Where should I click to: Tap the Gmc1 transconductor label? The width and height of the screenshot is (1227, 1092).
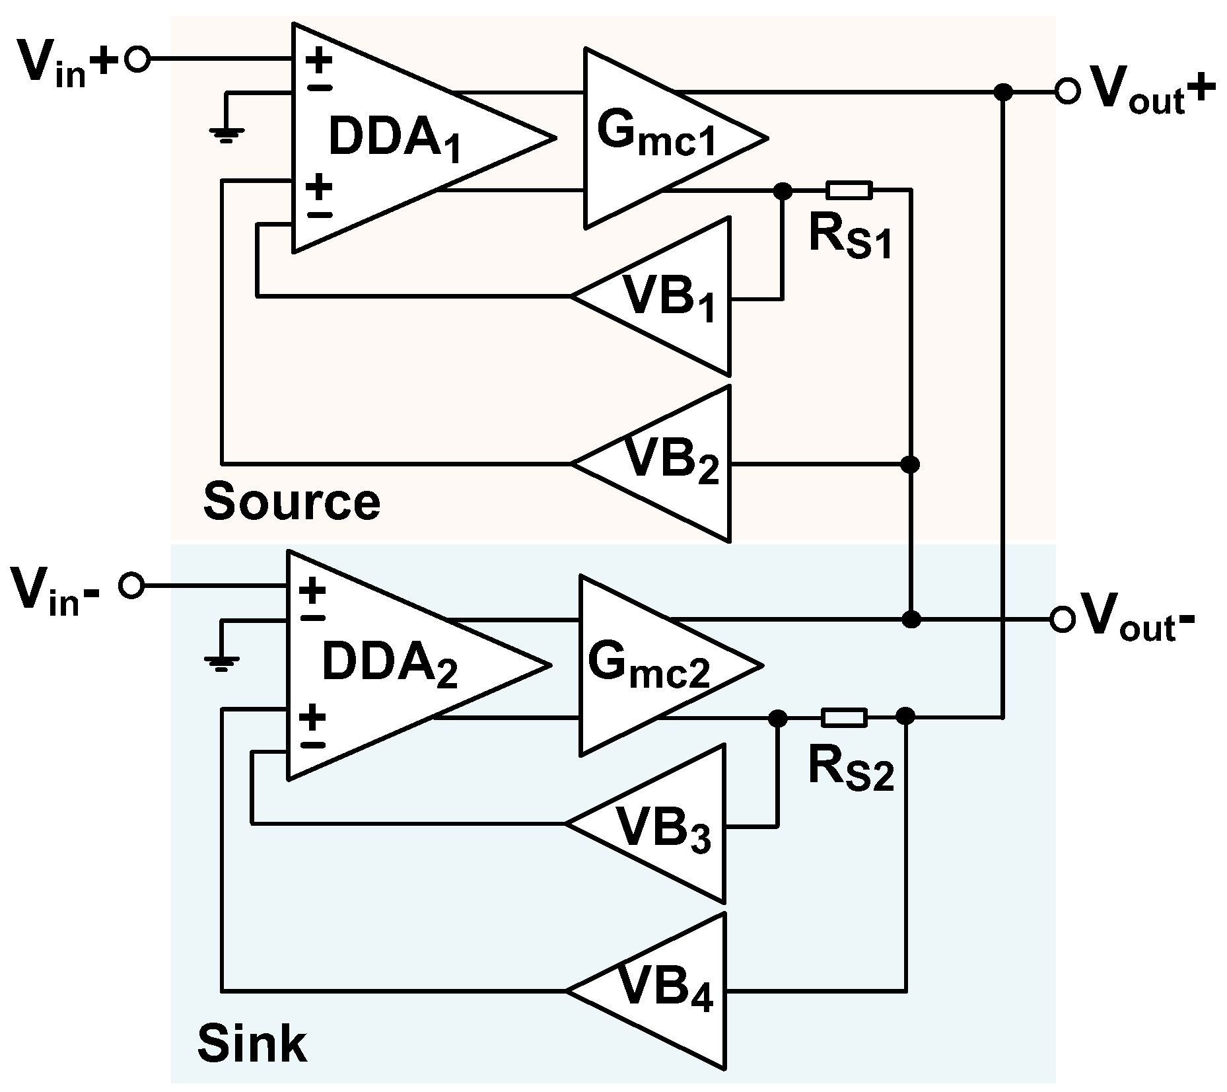[655, 135]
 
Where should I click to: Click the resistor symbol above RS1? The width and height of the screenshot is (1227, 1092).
[849, 191]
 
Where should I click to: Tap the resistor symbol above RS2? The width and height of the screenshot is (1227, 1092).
[844, 717]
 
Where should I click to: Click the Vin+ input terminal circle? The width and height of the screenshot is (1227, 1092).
[138, 60]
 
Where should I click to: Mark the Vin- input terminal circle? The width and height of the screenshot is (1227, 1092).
[131, 586]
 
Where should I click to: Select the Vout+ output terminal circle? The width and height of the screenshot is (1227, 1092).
[1067, 91]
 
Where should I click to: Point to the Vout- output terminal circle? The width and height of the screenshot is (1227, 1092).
[1061, 620]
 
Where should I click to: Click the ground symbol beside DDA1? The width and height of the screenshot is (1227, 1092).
[227, 135]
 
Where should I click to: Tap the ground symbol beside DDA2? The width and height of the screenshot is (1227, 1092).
[221, 663]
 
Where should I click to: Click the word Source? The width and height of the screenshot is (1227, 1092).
[291, 502]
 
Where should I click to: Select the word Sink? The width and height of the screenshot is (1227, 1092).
[252, 1044]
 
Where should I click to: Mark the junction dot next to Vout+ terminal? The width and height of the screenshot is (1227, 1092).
[1003, 92]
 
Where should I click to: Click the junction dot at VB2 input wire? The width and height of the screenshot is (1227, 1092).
[911, 464]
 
